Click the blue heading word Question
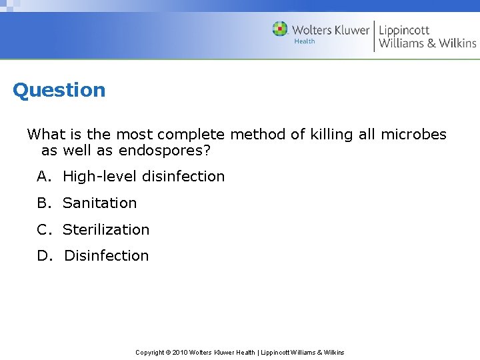coord(59,90)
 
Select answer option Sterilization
coord(106,230)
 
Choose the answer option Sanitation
coord(99,203)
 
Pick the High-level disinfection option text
coord(143,177)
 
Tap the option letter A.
coord(43,177)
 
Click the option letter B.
coord(43,203)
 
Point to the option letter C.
coord(43,230)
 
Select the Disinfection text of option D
coord(107,256)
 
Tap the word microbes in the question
coord(413,135)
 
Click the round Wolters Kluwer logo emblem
coord(280,29)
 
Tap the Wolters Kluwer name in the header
coord(331,30)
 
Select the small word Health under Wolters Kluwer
coord(304,41)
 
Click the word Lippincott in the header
coord(404,30)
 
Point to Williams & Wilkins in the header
coord(427,44)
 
